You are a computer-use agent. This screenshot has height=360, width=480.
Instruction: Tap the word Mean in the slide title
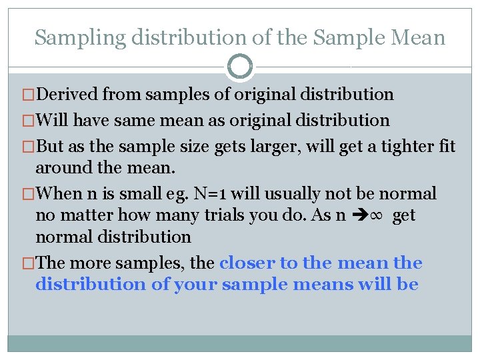418,37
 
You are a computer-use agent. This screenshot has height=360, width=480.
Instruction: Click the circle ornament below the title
239,67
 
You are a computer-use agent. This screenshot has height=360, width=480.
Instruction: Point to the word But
51,146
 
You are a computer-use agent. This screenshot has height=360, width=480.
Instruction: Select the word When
59,194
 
